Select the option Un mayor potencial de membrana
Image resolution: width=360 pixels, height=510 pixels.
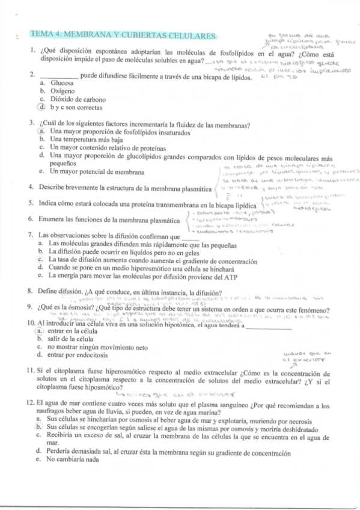97,171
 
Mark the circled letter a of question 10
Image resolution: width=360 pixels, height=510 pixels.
39,331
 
